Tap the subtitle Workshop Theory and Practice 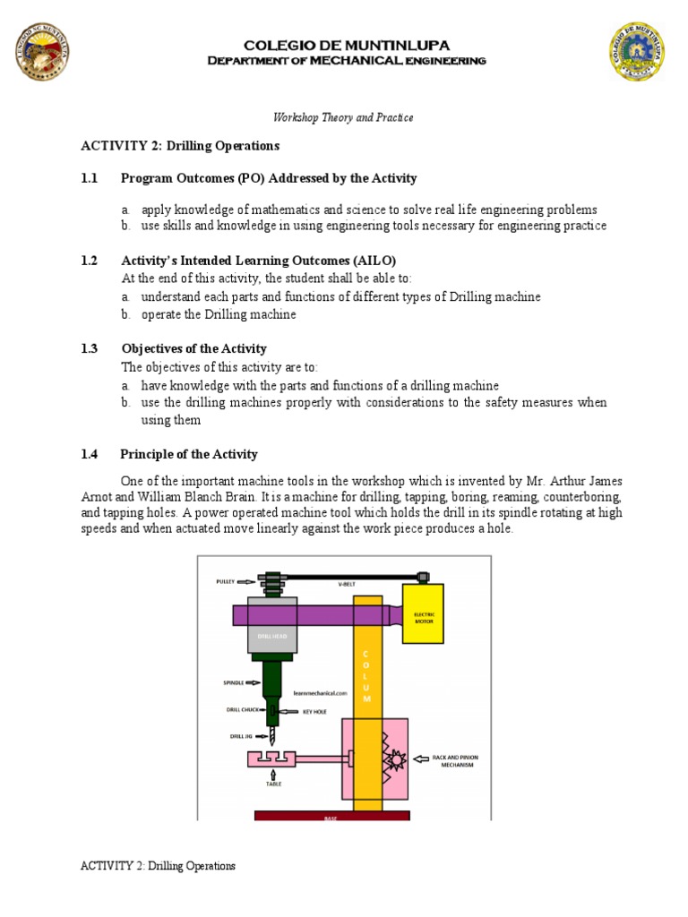coord(343,117)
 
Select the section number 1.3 coord(89,348)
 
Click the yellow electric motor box coord(422,613)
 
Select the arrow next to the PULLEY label coord(246,581)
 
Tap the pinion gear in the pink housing coord(394,759)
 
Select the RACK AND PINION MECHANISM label coord(455,761)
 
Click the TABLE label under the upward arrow coord(273,784)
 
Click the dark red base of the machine coord(331,816)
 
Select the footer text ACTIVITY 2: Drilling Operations coord(158,866)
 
